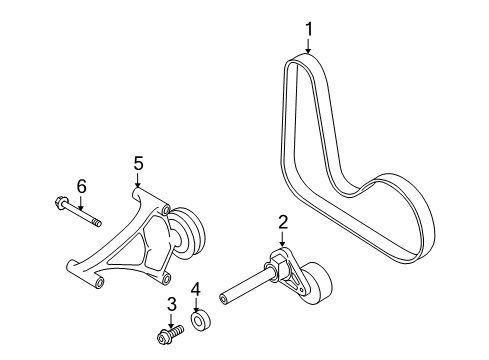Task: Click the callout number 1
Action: (309, 29)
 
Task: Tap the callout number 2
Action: (283, 222)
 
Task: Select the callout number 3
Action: (171, 304)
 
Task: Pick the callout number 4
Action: (196, 289)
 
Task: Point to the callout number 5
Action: (138, 164)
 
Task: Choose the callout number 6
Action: (81, 186)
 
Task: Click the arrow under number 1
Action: (308, 46)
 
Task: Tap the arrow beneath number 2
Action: (282, 239)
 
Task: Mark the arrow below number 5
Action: (138, 180)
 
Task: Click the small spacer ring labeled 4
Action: (202, 322)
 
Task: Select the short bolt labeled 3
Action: (170, 334)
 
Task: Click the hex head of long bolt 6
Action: (60, 202)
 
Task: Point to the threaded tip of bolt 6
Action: (96, 222)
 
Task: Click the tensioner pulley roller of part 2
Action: (317, 283)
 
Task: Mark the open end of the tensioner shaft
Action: (223, 299)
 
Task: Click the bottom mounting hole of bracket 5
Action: (99, 284)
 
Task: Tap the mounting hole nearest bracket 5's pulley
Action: (165, 211)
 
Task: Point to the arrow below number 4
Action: (196, 305)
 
